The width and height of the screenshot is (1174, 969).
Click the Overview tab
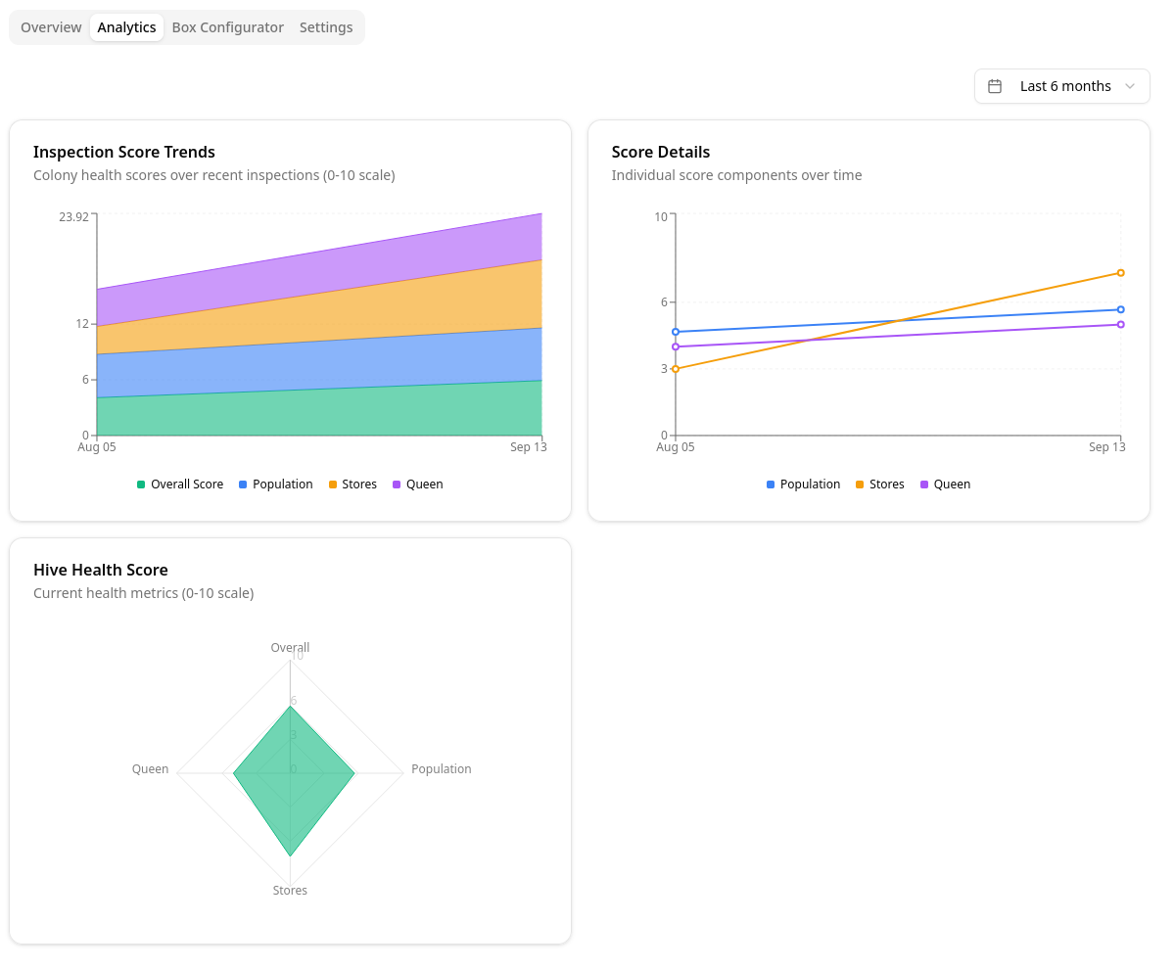click(x=51, y=27)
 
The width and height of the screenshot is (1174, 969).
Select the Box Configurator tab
click(x=227, y=27)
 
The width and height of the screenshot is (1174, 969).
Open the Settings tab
click(x=326, y=27)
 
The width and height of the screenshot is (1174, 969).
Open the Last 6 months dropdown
click(x=1063, y=86)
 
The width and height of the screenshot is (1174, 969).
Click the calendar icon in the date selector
click(x=995, y=86)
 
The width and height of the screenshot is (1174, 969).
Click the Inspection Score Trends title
click(x=124, y=152)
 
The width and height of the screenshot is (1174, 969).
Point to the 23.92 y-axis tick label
click(x=73, y=216)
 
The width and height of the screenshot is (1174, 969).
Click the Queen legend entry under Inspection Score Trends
click(x=418, y=484)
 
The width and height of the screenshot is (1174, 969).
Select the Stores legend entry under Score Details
click(x=880, y=484)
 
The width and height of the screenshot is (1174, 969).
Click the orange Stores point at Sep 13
click(x=1120, y=273)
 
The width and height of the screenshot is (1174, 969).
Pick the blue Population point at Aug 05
click(x=676, y=332)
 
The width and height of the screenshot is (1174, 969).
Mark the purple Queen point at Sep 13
click(x=1120, y=324)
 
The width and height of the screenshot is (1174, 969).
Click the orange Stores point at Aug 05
click(x=676, y=369)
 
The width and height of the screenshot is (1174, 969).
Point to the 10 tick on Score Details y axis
click(x=661, y=216)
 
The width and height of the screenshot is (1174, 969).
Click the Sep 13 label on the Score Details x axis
click(x=1106, y=447)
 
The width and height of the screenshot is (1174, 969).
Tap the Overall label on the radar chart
click(x=290, y=647)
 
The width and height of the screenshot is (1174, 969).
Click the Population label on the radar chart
click(x=441, y=769)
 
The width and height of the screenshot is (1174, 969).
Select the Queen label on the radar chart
click(x=151, y=769)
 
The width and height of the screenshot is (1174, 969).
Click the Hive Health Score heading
click(x=101, y=570)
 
